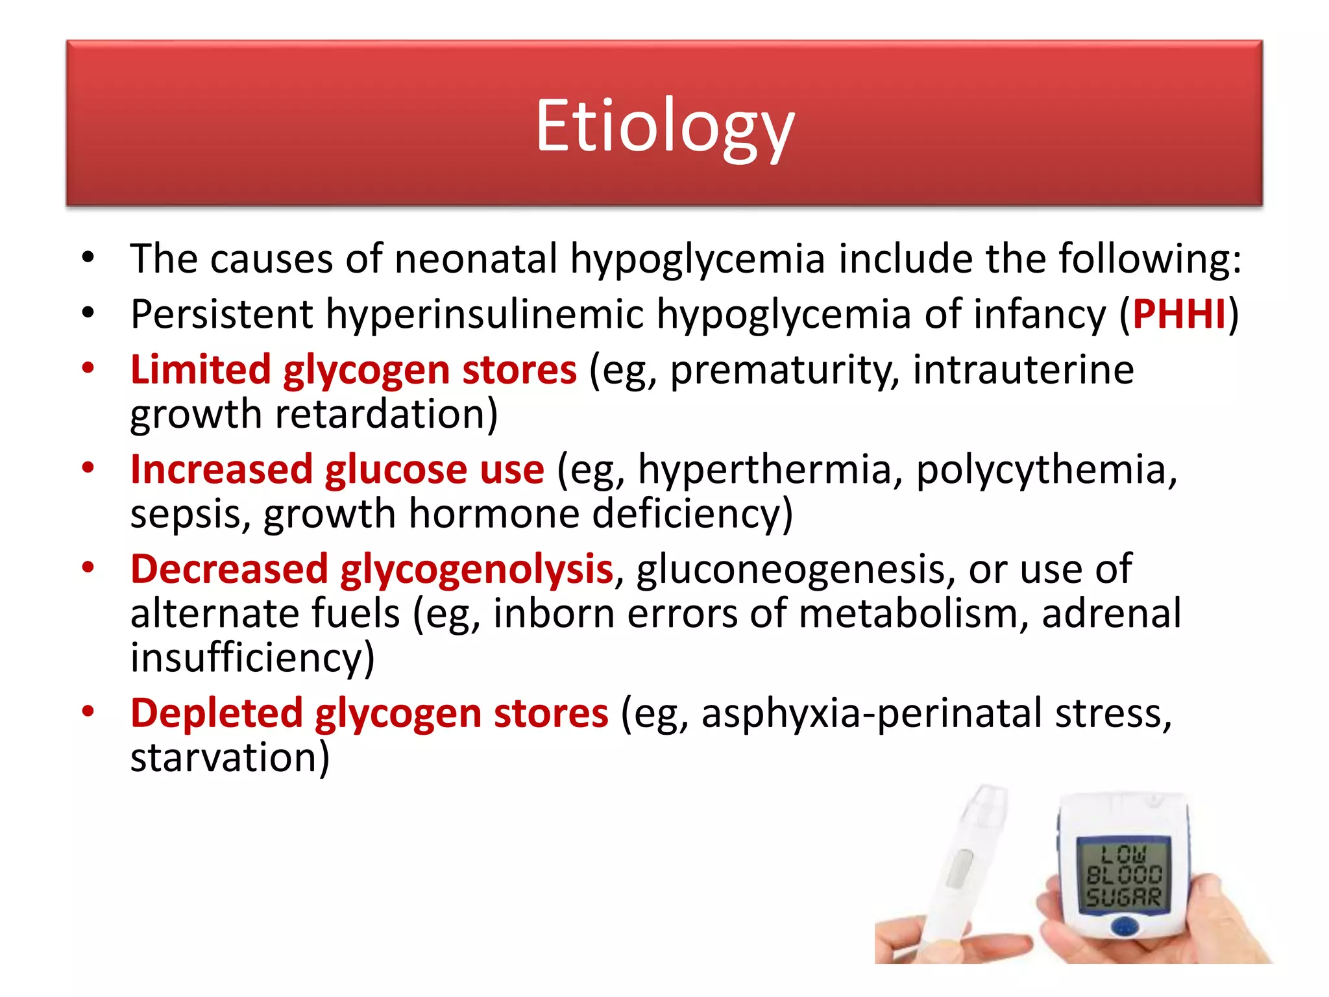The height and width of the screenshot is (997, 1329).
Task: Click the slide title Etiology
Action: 664,127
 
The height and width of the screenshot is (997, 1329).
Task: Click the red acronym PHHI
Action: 1179,315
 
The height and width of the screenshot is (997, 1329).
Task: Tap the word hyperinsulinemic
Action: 485,315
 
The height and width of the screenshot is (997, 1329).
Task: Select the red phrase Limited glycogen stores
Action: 353,370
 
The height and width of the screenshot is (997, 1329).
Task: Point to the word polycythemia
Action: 1045,469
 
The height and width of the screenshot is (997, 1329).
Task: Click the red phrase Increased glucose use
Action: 337,469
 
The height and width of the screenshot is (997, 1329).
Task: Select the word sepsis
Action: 190,514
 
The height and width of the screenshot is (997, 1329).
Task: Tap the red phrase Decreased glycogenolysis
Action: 371,569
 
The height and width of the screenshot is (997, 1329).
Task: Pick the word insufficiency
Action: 252,658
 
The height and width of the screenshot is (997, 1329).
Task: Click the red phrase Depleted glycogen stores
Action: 369,713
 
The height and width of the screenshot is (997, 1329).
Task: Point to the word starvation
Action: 229,757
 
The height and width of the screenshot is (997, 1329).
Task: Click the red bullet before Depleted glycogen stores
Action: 88,711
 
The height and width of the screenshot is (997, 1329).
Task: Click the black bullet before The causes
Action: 88,258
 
